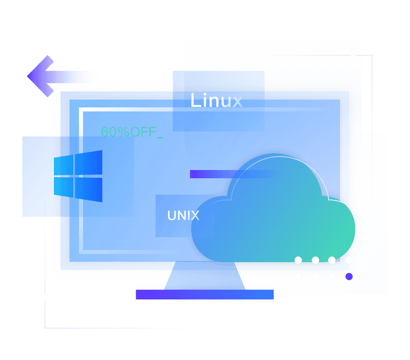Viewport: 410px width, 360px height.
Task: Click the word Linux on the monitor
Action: [216, 100]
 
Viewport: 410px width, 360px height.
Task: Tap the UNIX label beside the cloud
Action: [183, 215]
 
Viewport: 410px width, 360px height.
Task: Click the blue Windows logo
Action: [78, 176]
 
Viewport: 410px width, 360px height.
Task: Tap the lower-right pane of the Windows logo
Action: [89, 189]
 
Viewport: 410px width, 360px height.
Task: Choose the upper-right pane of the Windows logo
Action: [89, 163]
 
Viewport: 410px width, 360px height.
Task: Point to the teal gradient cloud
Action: [275, 218]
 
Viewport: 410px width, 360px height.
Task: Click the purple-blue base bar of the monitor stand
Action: [204, 294]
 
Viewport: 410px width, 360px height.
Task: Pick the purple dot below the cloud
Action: [349, 277]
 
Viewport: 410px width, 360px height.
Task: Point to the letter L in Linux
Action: [195, 100]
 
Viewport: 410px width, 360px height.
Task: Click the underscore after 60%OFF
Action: [159, 136]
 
